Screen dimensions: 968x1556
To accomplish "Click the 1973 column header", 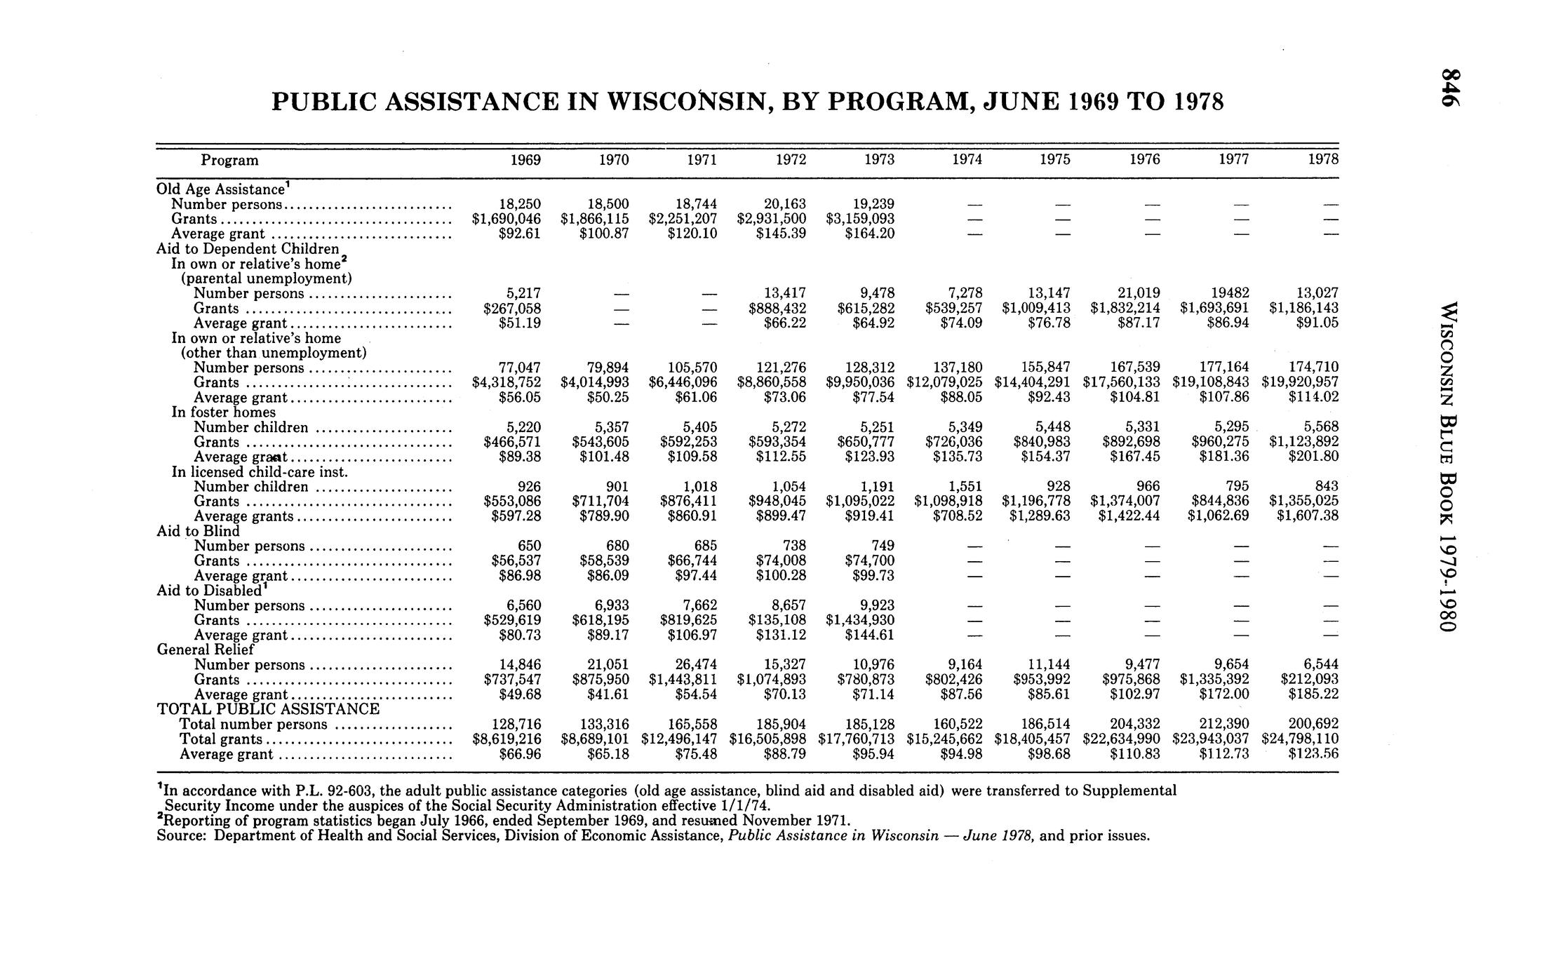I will click(x=879, y=160).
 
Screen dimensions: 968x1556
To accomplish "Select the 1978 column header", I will click(x=1323, y=160).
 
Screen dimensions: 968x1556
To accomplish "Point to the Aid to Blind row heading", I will click(x=198, y=531).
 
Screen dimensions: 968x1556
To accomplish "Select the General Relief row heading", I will click(x=205, y=650).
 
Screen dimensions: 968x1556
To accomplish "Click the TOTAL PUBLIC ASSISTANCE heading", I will click(x=268, y=709).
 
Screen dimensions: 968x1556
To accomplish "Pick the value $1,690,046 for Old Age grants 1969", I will click(x=506, y=219).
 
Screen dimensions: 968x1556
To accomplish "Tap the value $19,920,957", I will click(x=1300, y=382).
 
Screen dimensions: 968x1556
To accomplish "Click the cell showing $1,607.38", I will click(x=1303, y=516).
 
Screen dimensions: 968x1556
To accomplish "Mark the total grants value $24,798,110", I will click(x=1300, y=739).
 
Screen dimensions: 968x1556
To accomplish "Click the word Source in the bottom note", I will click(x=180, y=835).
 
